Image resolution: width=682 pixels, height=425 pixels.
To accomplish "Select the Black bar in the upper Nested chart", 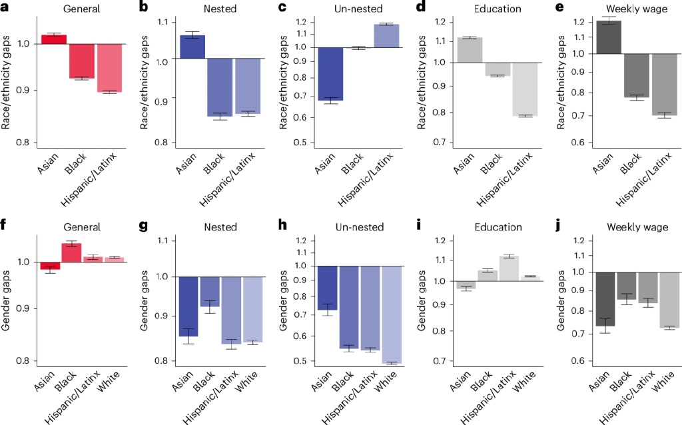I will [x=216, y=87].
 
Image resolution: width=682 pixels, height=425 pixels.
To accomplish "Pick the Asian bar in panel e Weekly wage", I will [x=607, y=37].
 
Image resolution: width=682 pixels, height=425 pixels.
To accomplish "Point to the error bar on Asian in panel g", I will [x=188, y=336].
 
